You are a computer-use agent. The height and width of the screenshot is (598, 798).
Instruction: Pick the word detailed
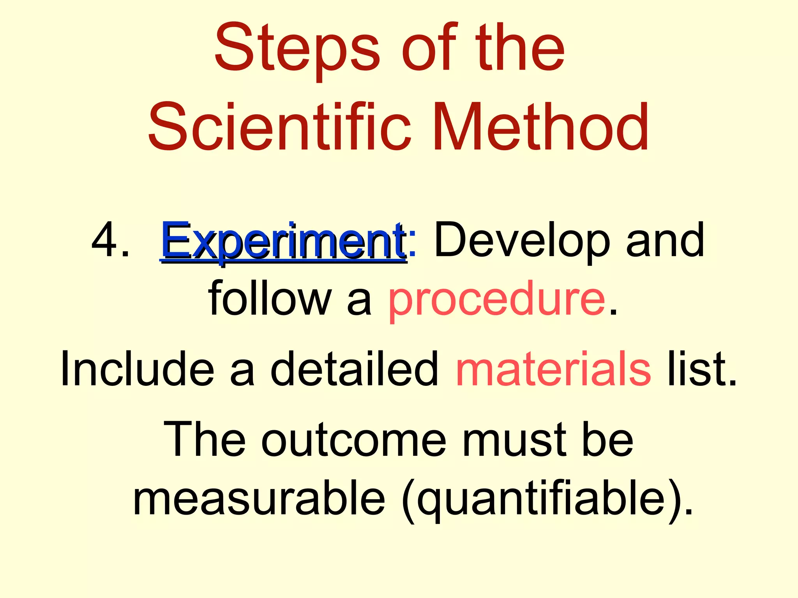355,368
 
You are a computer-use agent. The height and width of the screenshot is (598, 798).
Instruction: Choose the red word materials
553,368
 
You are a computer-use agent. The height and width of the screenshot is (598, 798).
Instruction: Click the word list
701,368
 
